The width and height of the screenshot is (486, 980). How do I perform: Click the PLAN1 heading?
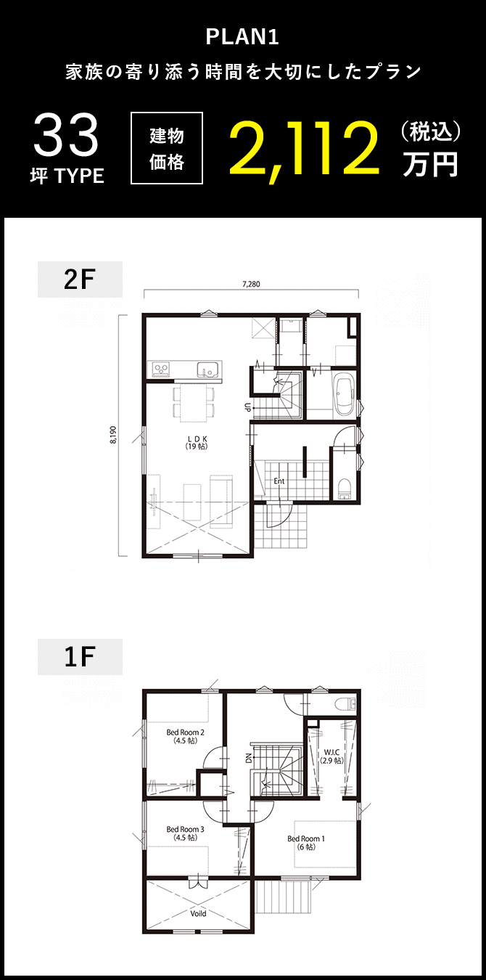(x=242, y=37)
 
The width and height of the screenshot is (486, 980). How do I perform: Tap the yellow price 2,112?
(x=304, y=148)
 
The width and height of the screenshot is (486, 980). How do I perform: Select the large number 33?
(x=66, y=136)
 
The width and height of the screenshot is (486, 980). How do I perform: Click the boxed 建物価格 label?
(x=167, y=148)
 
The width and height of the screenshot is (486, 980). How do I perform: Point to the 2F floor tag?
(x=80, y=279)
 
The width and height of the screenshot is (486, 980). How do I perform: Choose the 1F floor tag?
(x=80, y=657)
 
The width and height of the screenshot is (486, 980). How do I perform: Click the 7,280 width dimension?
(x=250, y=284)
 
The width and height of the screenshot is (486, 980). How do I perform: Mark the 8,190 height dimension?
(x=113, y=436)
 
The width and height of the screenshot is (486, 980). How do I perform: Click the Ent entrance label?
(x=279, y=481)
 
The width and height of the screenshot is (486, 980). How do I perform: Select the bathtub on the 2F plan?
(x=344, y=396)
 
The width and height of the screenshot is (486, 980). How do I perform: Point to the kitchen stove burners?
(x=160, y=370)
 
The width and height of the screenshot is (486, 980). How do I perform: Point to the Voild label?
(x=198, y=913)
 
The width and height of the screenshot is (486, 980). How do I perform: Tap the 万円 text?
(x=430, y=164)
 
